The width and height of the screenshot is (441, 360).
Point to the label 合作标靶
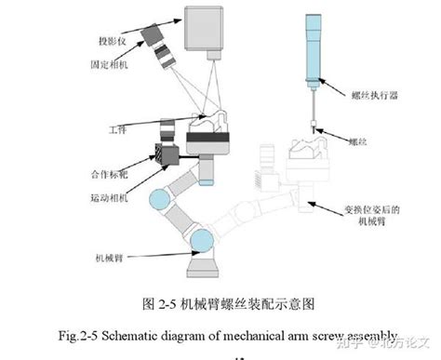[x=109, y=174]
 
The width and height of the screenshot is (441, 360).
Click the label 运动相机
[x=110, y=198]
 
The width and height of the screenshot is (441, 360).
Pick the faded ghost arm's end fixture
[x=311, y=172]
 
